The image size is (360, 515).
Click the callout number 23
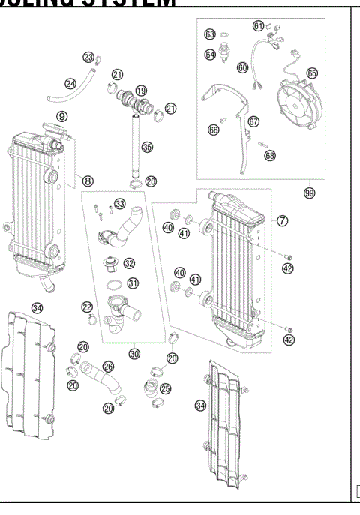88,58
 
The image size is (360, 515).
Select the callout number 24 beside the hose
70,84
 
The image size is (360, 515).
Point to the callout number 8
88,181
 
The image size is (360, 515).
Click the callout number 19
141,90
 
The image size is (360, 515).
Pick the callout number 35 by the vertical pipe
147,148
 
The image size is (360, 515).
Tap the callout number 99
308,193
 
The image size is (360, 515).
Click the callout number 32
130,263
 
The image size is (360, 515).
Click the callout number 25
166,389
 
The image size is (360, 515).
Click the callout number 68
270,156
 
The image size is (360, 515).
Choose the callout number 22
87,307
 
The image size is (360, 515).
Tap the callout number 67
253,121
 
